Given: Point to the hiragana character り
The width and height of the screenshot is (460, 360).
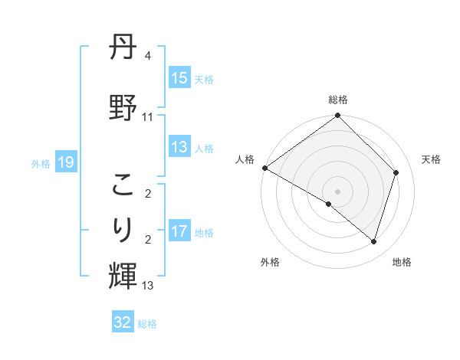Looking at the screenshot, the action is (x=123, y=230).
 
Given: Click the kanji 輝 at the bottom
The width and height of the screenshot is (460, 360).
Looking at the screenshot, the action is (x=123, y=275).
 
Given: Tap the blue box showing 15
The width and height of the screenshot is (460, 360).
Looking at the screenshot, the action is (x=179, y=78).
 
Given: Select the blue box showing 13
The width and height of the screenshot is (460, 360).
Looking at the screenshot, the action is (x=179, y=147).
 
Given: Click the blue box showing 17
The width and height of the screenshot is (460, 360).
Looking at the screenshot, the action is (x=179, y=231).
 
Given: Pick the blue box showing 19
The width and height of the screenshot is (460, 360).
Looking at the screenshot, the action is (x=65, y=162).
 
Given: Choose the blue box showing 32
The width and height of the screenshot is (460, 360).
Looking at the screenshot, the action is (x=123, y=322).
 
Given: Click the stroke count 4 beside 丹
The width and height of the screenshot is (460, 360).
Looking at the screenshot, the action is (x=148, y=57).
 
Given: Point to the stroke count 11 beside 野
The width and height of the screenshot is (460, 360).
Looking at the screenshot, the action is (x=148, y=117).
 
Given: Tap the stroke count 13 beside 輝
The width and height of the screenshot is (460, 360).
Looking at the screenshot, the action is (x=148, y=286).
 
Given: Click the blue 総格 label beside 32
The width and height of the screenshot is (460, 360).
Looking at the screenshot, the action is (x=147, y=324).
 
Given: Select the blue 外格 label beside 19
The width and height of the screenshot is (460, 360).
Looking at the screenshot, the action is (x=41, y=163).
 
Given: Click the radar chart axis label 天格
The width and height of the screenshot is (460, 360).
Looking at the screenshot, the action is (x=432, y=159).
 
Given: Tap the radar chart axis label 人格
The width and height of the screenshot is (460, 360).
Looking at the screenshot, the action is (x=245, y=159).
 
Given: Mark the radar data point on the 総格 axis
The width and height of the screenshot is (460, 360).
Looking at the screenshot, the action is (x=337, y=116).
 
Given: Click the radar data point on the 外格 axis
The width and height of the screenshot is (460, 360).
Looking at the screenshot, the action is (x=329, y=204).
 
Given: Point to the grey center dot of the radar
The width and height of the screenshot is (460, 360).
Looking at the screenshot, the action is (x=337, y=191).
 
